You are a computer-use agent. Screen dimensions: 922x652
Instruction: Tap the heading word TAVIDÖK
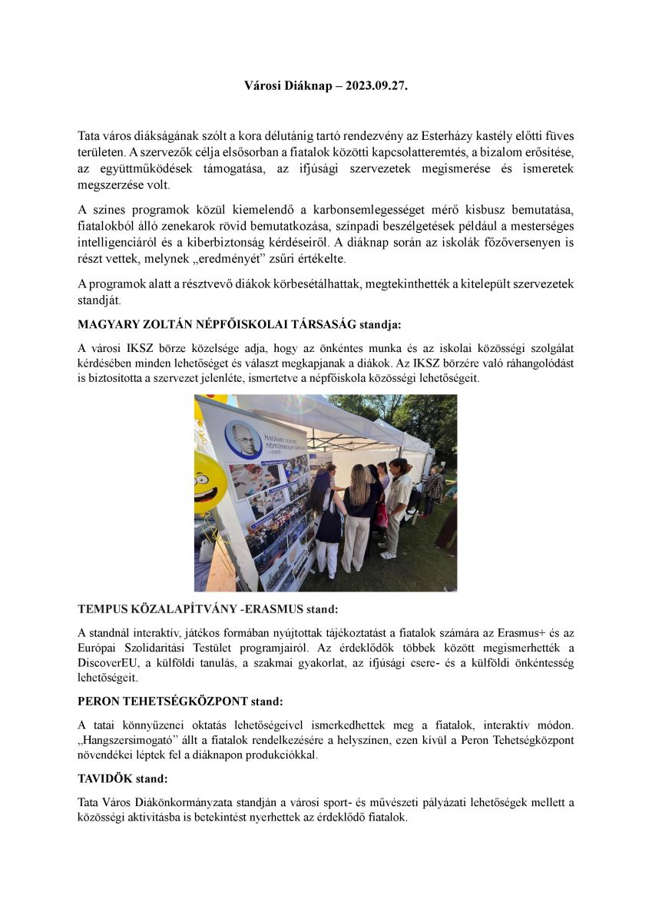point(103,778)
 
